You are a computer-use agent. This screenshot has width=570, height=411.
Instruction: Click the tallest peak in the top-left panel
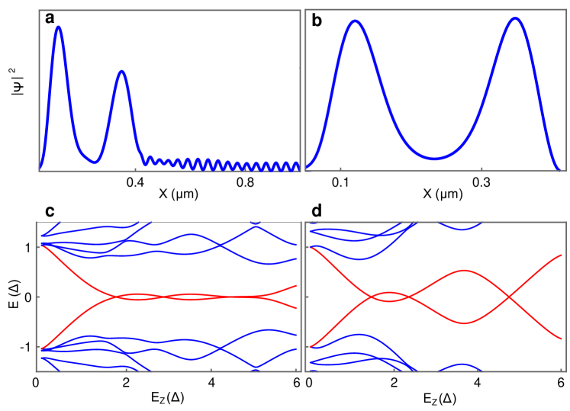pos(58,27)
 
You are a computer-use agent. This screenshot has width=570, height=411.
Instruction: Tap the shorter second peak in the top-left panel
pos(121,72)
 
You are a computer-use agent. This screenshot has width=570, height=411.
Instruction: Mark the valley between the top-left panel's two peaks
pos(94,162)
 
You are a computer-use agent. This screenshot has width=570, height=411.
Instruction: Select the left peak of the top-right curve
pos(354,21)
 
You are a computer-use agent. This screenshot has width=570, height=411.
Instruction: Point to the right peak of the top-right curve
pos(515,18)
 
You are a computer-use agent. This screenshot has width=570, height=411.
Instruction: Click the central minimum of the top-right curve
pos(433,159)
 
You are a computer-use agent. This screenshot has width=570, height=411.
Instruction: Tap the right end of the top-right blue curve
pos(559,169)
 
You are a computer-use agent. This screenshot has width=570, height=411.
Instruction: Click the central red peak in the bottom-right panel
pos(464,270)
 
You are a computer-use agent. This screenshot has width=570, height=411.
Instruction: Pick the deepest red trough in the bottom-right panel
pos(464,323)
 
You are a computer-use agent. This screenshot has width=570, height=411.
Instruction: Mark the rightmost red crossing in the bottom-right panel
pos(510,297)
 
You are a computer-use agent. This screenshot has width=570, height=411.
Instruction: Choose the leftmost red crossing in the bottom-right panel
pos(372,297)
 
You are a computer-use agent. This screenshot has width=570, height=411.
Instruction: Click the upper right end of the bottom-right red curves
pos(562,255)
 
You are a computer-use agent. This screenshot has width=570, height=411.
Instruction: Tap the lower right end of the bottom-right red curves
pos(562,339)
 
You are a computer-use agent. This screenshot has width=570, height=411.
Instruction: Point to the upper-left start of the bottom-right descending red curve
pos(311,246)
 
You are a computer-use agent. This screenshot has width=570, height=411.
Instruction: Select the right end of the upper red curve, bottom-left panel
pos(297,285)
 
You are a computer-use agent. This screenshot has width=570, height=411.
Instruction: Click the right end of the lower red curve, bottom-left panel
pos(297,308)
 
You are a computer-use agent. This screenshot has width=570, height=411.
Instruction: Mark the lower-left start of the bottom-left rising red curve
pos(41,350)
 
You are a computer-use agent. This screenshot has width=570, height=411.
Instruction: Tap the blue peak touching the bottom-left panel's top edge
pos(256,224)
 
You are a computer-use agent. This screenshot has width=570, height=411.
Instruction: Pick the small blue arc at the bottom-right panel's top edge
pos(462,229)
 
